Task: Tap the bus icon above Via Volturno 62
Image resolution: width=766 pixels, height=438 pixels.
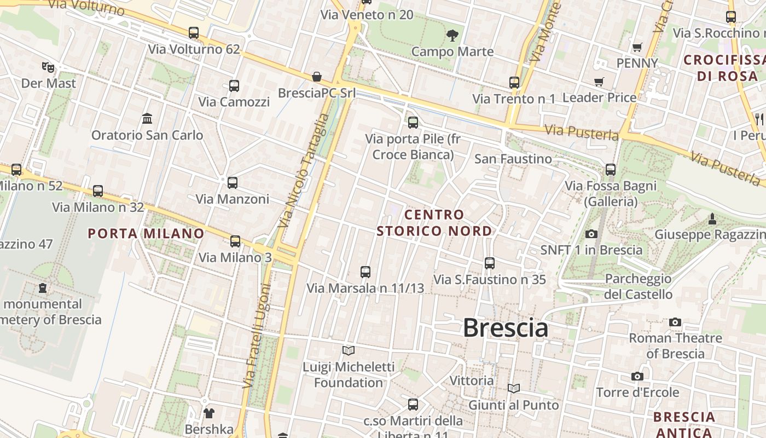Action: [x=194, y=33]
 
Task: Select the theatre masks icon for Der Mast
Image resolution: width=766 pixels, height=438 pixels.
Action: [x=48, y=67]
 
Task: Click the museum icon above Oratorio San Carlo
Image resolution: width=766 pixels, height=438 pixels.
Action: [x=147, y=118]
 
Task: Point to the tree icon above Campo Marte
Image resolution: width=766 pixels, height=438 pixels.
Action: [x=452, y=36]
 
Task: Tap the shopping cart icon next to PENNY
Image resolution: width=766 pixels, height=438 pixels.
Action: [x=637, y=48]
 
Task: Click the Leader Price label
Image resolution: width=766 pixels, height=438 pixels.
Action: [x=599, y=98]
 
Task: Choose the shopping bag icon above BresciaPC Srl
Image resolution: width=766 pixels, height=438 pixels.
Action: [x=316, y=77]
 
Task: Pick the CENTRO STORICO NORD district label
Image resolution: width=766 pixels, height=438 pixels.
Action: [x=434, y=223]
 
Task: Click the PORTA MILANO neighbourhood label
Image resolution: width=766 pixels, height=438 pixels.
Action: [x=146, y=234]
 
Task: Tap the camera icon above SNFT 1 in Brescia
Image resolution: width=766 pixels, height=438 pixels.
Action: [x=591, y=234]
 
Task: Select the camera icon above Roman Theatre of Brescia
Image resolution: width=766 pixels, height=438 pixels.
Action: [x=675, y=322]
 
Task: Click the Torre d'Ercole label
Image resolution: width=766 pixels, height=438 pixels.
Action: [x=637, y=393]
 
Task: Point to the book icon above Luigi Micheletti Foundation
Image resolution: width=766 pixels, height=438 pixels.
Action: [x=349, y=350]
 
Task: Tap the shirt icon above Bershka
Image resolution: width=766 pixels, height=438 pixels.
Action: [x=209, y=413]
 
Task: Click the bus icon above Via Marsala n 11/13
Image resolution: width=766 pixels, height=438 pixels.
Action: [x=365, y=272]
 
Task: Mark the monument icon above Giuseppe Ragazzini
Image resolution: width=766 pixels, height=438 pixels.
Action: [x=712, y=219]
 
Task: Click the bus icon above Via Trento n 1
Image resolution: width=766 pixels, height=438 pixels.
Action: [x=514, y=83]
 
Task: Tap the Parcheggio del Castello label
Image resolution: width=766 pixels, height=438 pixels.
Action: [x=638, y=286]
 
